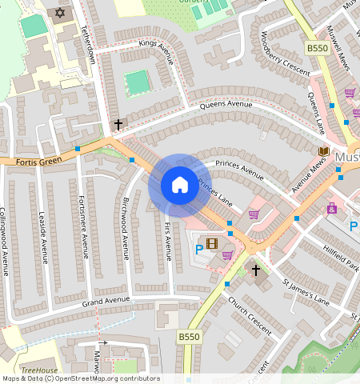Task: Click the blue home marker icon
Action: tap(180, 186)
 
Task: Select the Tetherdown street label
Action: tap(87, 45)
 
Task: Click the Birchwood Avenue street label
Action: tap(126, 229)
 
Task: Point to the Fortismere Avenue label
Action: tap(84, 229)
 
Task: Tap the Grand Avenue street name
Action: tap(106, 301)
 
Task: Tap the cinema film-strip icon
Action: tap(211, 243)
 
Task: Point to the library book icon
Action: tap(323, 150)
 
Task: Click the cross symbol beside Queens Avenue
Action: tap(119, 124)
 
